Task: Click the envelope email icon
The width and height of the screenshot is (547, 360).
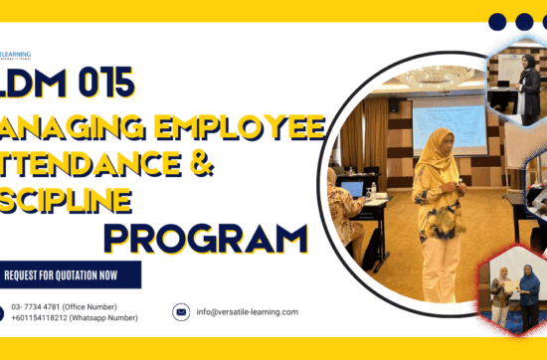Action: (181, 311)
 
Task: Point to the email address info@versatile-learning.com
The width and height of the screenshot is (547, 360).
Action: (248, 311)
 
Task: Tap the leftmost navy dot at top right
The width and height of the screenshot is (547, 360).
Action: (497, 21)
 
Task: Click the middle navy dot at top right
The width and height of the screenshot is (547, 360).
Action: (524, 21)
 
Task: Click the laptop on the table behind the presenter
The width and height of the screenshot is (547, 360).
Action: (353, 188)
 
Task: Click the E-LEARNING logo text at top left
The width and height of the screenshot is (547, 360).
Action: (16, 55)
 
